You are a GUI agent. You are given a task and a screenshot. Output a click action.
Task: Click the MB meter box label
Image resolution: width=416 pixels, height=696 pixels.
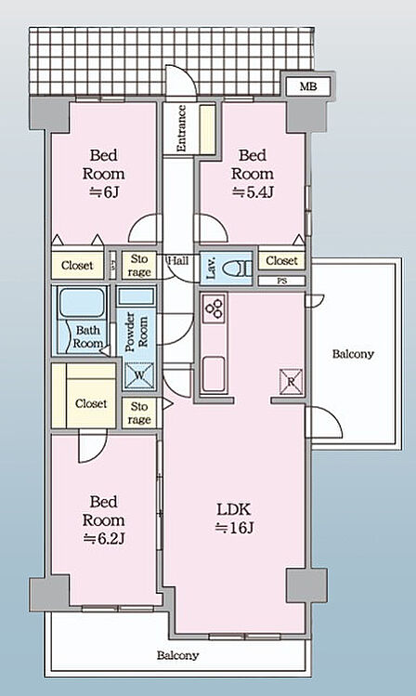(x=308, y=86)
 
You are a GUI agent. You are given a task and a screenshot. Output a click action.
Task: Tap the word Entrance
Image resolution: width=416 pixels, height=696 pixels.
(x=181, y=128)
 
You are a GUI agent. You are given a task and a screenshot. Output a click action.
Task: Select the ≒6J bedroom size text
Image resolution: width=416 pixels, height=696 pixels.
(x=104, y=192)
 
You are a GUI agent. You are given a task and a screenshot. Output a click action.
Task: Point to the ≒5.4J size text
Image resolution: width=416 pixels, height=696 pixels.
(x=253, y=192)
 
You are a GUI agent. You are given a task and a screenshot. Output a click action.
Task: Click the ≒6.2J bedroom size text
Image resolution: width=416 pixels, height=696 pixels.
(x=104, y=538)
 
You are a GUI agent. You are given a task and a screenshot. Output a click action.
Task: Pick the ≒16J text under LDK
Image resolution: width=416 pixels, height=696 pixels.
(x=234, y=528)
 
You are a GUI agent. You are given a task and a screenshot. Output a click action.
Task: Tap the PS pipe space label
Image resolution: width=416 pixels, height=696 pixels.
(x=281, y=281)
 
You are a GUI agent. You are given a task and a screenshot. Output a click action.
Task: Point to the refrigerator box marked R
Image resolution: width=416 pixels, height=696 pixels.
(x=291, y=381)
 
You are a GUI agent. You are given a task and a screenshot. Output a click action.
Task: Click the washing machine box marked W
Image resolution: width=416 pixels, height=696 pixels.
(x=139, y=374)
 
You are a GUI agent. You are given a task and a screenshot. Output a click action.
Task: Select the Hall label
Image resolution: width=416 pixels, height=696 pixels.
(x=178, y=260)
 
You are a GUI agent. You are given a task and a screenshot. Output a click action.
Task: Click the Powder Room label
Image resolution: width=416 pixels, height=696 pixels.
(x=136, y=332)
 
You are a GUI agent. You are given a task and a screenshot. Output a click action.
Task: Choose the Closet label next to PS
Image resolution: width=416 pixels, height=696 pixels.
(x=281, y=260)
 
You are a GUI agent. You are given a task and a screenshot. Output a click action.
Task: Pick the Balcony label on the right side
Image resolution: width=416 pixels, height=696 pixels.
(x=353, y=354)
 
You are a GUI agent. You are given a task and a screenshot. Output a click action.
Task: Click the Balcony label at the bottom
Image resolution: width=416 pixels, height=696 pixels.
(x=178, y=656)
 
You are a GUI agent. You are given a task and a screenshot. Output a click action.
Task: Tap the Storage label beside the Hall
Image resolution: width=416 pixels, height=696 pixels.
(x=139, y=266)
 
